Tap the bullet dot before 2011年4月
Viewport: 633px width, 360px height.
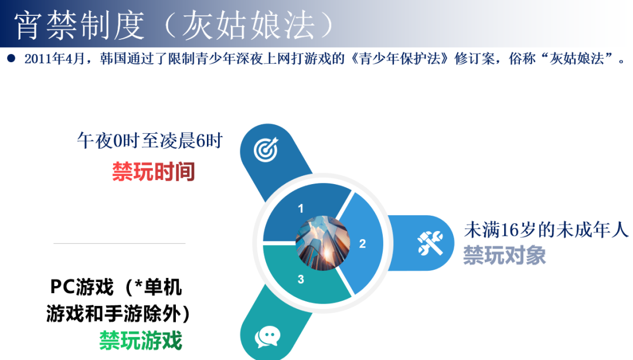pos(11,58)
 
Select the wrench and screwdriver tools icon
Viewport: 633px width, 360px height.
pos(431,243)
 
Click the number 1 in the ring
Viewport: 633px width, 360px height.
pos(301,209)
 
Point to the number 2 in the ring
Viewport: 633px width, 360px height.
pos(362,243)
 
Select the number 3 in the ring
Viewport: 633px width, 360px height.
pos(301,280)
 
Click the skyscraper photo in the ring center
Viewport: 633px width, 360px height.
pos(322,243)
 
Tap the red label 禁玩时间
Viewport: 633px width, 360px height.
pos(154,172)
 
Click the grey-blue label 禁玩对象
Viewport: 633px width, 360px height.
pos(505,256)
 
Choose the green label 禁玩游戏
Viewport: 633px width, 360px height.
pos(141,340)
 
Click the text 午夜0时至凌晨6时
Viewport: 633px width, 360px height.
pos(150,141)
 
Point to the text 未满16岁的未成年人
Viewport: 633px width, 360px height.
pos(546,229)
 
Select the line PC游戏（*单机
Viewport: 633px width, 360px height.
pos(116,288)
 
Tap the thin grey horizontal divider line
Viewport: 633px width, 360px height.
pos(119,243)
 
